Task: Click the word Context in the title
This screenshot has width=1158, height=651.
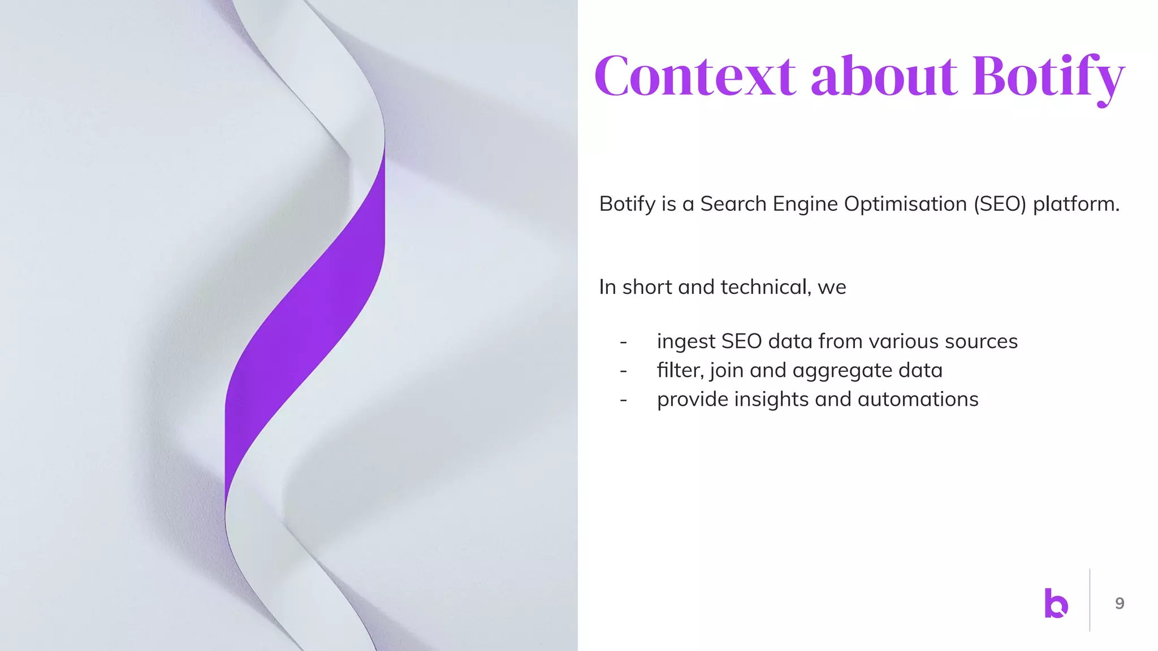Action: [x=695, y=76]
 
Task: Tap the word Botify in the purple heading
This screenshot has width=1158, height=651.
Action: [x=1048, y=77]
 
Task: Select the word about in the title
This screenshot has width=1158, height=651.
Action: [x=884, y=76]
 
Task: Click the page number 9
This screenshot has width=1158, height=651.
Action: [x=1120, y=604]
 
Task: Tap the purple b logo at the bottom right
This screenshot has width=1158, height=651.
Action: [x=1056, y=603]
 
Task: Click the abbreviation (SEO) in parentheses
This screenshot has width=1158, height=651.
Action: [x=999, y=204]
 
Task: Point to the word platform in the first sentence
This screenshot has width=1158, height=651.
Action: [x=1075, y=204]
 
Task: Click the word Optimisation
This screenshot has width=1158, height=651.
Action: [x=905, y=204]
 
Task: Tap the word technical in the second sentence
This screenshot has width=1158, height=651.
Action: [x=766, y=287]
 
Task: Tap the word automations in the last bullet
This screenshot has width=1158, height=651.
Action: [x=918, y=399]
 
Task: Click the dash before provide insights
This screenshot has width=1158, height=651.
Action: [x=623, y=400]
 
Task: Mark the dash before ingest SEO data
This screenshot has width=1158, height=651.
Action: [x=623, y=342]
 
